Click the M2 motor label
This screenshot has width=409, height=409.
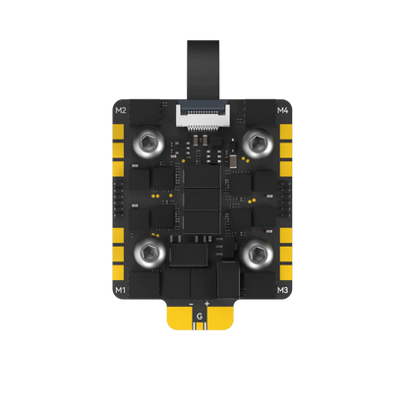pos(122,110)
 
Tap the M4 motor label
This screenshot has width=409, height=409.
pos(283,110)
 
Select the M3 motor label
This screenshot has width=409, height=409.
pos(283,291)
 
